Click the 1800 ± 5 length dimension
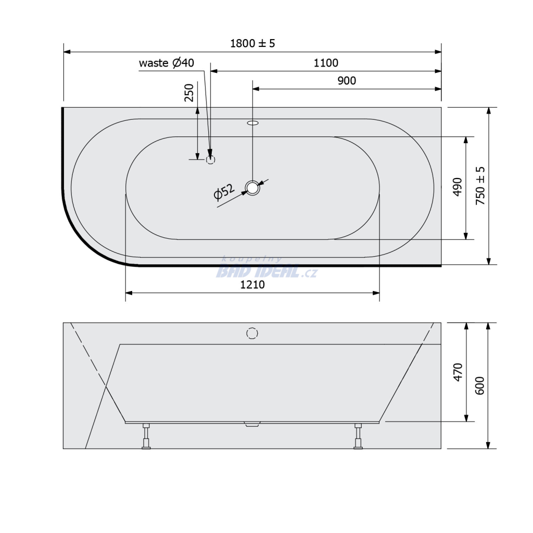tap(252, 44)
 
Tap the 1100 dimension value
tap(326, 63)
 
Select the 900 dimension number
tap(347, 81)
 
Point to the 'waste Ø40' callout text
tap(167, 63)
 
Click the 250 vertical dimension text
tap(188, 93)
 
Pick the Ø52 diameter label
tap(224, 192)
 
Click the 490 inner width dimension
tap(458, 187)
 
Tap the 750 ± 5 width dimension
tap(480, 186)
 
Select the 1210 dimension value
tap(252, 285)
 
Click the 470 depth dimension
tap(458, 372)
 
